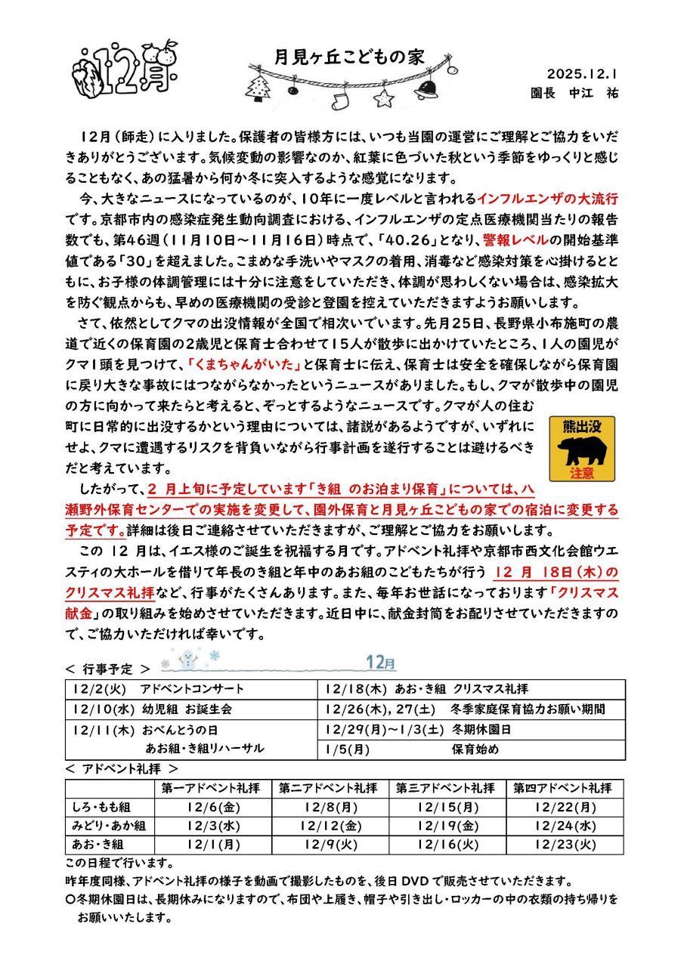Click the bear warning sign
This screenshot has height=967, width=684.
click(x=582, y=449)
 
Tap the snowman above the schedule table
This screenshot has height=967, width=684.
click(x=186, y=660)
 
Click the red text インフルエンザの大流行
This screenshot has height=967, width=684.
click(x=548, y=199)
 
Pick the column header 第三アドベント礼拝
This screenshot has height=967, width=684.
click(x=446, y=787)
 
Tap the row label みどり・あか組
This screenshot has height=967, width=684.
click(x=110, y=825)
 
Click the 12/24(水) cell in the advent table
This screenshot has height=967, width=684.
click(x=565, y=825)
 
